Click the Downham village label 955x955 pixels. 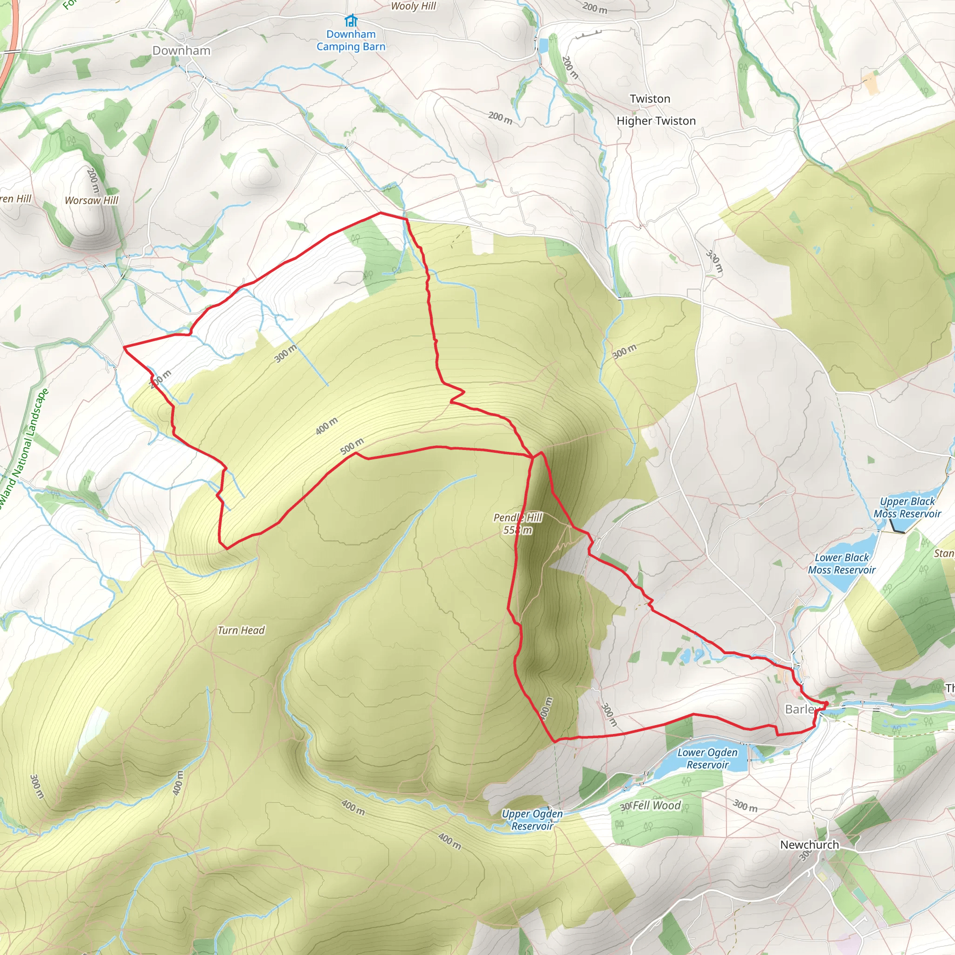181,50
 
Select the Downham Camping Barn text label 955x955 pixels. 351,41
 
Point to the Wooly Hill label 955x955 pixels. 413,7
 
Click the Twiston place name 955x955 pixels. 650,99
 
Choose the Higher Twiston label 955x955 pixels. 656,121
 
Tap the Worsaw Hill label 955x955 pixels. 91,200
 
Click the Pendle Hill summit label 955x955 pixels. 518,524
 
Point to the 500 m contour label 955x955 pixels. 352,446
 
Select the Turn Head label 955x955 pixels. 241,630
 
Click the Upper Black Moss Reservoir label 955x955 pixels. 907,508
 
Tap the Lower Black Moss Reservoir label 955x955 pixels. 841,563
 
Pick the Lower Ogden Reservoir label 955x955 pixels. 707,758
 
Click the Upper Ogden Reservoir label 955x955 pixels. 532,820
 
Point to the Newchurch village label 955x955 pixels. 809,845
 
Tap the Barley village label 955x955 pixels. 800,709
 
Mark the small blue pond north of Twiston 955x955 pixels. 544,46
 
